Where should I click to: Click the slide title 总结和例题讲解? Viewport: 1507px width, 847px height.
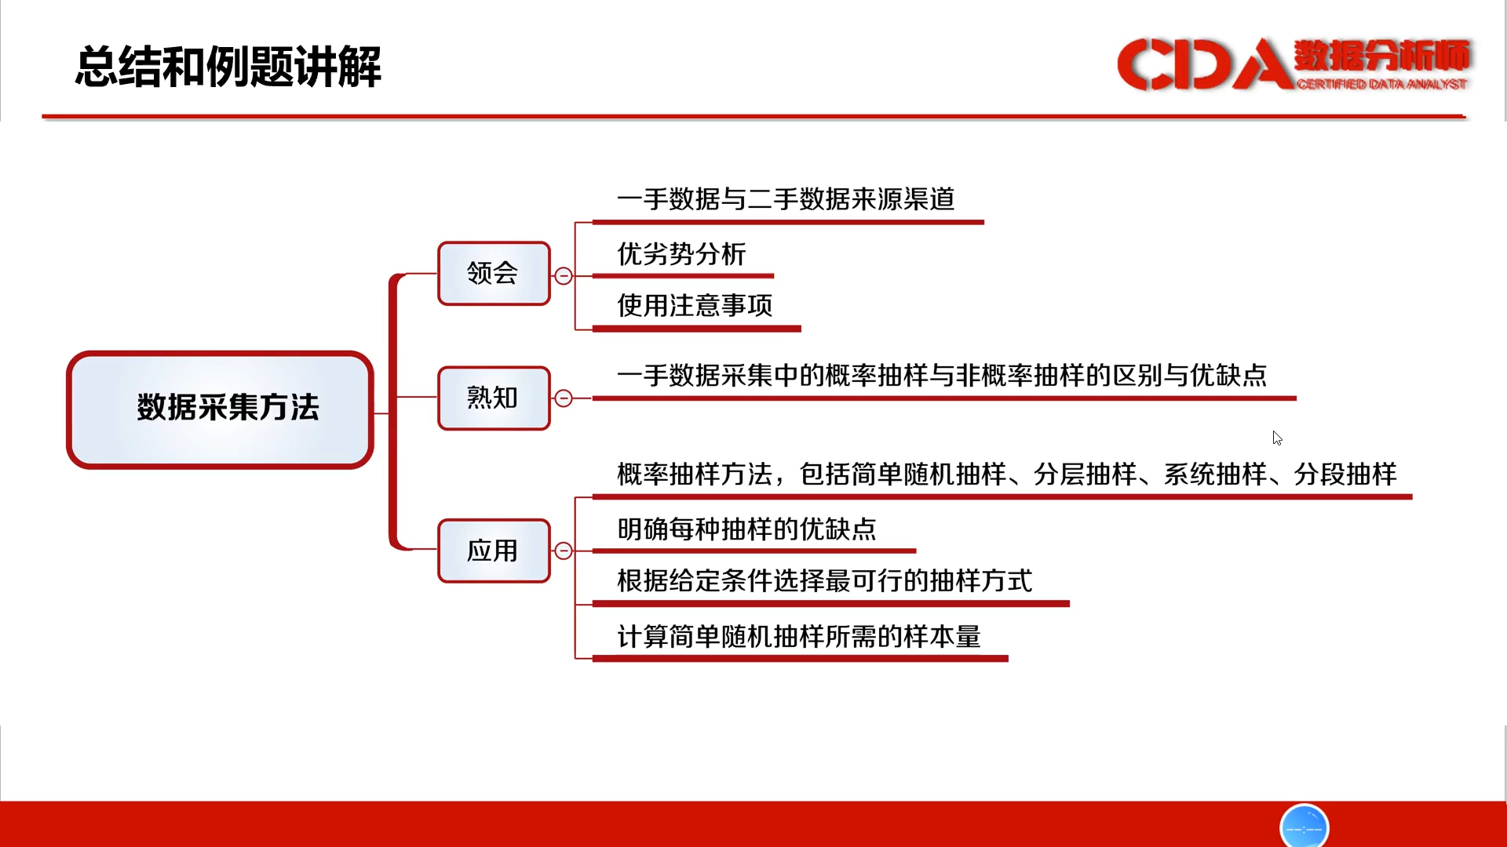click(x=228, y=67)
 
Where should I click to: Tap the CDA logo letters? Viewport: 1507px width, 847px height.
click(x=1205, y=64)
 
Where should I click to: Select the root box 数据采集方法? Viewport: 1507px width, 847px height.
click(x=220, y=409)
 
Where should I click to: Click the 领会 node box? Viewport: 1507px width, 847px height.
click(x=494, y=273)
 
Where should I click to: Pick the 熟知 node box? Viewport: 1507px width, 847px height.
click(x=494, y=398)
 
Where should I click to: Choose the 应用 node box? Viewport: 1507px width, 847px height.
click(x=494, y=551)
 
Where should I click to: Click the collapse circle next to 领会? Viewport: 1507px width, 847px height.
click(x=564, y=276)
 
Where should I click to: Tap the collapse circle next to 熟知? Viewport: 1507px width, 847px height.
click(x=564, y=398)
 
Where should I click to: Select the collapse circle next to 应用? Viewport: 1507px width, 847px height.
click(x=564, y=551)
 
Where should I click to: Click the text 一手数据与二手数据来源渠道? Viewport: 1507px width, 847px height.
click(x=786, y=199)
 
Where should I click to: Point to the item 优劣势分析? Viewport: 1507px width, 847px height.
click(x=681, y=254)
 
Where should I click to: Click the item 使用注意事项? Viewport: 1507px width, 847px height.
click(x=695, y=305)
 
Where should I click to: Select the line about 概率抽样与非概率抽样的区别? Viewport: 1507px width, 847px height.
click(x=942, y=376)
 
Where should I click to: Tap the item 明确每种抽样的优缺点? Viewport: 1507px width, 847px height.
click(x=746, y=529)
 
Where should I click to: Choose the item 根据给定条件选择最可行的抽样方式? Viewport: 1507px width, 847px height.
click(x=824, y=581)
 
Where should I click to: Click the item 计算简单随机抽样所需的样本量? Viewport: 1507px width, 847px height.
click(x=799, y=637)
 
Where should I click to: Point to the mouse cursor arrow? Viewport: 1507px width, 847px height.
click(x=1277, y=438)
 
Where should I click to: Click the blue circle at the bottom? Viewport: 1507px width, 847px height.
click(x=1304, y=826)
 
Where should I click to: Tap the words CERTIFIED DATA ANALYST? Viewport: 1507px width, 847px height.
click(x=1381, y=84)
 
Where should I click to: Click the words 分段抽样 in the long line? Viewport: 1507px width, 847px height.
click(x=1345, y=474)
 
